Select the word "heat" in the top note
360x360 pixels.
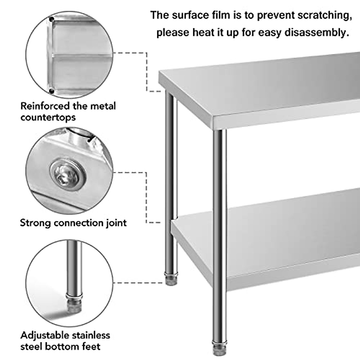coord(203,32)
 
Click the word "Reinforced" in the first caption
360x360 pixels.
coord(45,106)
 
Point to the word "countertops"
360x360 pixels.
coord(48,117)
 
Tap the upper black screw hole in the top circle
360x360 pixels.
coord(52,20)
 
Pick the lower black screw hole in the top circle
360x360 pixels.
coord(52,91)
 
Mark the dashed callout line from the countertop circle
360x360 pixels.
coord(147,72)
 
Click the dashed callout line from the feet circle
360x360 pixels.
coord(138,283)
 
